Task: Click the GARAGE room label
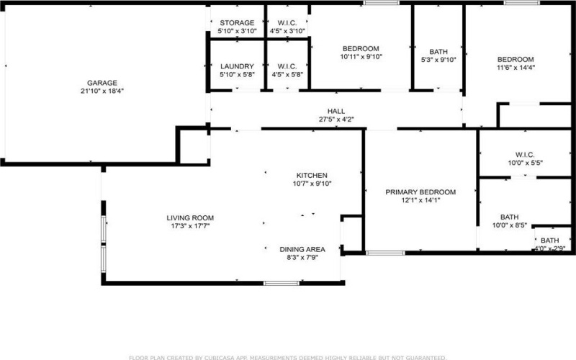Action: [102, 83]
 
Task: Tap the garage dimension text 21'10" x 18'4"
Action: [102, 91]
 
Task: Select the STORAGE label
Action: [237, 23]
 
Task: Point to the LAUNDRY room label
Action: [237, 66]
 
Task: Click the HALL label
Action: [336, 112]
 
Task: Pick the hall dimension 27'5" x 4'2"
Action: [336, 120]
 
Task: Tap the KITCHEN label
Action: [312, 176]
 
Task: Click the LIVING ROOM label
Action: [190, 218]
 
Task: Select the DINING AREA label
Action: [302, 249]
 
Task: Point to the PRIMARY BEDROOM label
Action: [420, 192]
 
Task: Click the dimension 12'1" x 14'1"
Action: [420, 200]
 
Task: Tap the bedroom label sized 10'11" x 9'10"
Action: [361, 49]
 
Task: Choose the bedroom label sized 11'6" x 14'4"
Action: [516, 60]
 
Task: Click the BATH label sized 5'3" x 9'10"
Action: [438, 52]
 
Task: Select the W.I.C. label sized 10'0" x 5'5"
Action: [525, 155]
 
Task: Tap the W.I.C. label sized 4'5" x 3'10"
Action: [287, 23]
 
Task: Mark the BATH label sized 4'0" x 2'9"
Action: [549, 240]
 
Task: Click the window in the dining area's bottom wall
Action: [282, 283]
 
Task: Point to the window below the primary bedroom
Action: [385, 253]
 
